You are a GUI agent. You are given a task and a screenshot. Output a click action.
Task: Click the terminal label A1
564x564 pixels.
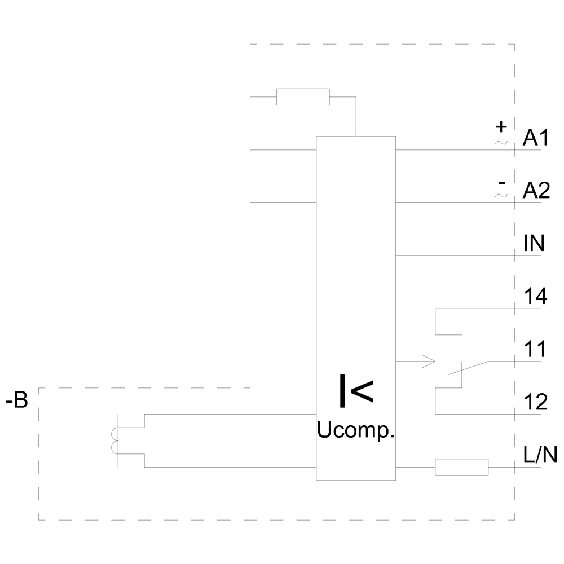(535, 139)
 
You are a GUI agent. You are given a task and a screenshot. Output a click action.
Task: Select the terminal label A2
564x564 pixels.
(535, 192)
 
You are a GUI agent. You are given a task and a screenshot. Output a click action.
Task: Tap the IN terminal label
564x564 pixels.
(534, 244)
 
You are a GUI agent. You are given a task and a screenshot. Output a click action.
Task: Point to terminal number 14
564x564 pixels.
(535, 297)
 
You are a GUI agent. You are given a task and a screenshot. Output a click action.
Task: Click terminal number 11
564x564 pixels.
(535, 350)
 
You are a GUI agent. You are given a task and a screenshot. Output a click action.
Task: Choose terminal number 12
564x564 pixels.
(535, 403)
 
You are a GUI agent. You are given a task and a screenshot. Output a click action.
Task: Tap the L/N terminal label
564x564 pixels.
(540, 455)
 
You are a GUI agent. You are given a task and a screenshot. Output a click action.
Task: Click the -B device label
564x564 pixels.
(16, 403)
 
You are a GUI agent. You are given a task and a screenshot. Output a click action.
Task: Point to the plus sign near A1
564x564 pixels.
(501, 127)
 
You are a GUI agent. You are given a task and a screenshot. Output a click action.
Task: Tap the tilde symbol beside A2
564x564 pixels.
(501, 195)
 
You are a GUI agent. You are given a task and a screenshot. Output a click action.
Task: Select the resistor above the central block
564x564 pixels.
(303, 97)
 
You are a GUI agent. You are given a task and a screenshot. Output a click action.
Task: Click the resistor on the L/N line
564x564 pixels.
(461, 467)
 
